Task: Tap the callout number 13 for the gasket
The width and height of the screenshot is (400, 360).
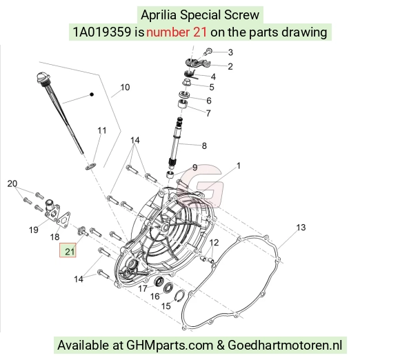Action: tap(301, 228)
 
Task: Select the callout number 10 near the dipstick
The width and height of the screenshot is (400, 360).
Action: tap(125, 88)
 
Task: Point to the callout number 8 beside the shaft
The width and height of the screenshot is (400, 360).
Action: tap(204, 146)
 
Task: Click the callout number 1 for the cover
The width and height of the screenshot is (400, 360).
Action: tap(239, 166)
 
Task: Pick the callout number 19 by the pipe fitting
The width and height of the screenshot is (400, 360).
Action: tap(34, 230)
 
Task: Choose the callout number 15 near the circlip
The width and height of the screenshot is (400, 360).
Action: tap(166, 306)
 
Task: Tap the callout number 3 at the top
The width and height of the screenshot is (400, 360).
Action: tap(230, 52)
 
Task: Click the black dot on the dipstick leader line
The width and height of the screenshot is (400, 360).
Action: tap(92, 94)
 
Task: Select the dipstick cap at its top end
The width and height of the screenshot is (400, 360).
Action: tap(41, 77)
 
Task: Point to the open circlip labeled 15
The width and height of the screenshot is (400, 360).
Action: tap(179, 296)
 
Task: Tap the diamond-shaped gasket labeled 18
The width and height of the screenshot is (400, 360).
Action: tap(63, 219)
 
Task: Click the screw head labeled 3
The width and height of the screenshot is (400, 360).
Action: tap(208, 51)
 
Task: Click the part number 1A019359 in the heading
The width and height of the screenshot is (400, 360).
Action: tap(102, 32)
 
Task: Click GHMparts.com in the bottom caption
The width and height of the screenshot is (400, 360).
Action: tap(170, 346)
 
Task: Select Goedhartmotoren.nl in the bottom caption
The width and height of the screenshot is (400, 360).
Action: tap(285, 346)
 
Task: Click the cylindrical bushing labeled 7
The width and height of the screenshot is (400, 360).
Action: tap(182, 104)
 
